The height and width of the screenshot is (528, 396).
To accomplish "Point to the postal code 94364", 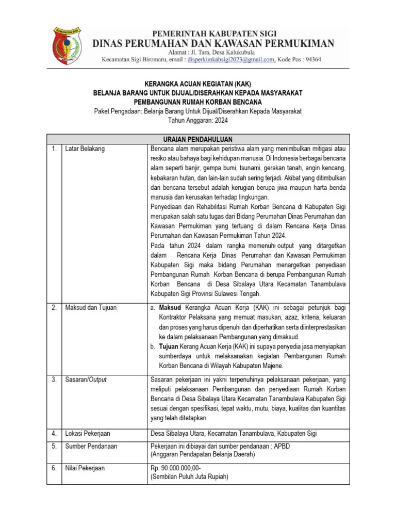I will click(310, 59).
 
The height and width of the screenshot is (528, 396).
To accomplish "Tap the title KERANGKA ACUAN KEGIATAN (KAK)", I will click(198, 84).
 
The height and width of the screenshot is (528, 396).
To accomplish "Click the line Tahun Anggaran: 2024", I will click(198, 120).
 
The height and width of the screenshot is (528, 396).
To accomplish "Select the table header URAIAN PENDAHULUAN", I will click(198, 139).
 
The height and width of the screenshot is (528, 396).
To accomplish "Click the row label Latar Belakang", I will click(85, 148).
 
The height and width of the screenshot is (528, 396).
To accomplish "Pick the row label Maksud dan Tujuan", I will click(91, 307).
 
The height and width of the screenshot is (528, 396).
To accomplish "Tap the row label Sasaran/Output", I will click(86, 379).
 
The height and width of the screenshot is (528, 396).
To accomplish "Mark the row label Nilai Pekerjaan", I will click(85, 468).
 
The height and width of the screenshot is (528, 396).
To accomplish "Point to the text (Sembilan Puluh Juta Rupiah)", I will click(189, 477).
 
